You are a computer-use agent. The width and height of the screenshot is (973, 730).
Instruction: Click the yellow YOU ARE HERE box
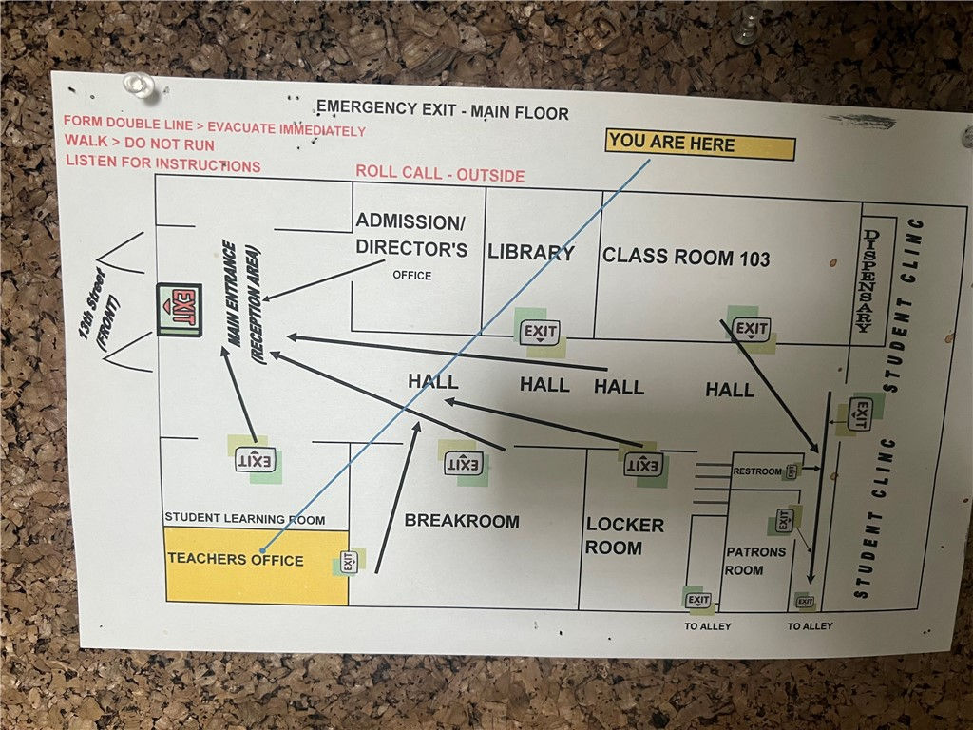(700, 145)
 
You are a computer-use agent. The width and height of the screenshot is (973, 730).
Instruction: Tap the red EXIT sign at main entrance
(180, 309)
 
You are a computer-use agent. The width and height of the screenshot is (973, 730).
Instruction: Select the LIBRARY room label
(530, 253)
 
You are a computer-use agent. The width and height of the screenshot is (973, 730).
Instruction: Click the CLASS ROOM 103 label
(686, 257)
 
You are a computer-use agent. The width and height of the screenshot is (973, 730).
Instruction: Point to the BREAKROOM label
(462, 521)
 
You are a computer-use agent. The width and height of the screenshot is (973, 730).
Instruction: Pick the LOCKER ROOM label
(624, 536)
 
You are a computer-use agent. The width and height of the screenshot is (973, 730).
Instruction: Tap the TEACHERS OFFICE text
(236, 559)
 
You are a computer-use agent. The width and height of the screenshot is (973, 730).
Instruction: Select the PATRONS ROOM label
(755, 561)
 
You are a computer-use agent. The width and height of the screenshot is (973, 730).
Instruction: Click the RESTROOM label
(757, 471)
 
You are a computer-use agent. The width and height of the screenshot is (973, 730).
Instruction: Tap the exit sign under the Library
(540, 332)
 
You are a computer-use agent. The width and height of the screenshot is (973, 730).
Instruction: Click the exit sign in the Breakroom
(464, 464)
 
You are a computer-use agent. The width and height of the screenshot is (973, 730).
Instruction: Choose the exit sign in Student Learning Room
(256, 460)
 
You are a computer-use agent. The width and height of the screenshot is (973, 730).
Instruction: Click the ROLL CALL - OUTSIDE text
(440, 174)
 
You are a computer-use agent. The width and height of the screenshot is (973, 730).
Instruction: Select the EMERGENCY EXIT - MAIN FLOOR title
(443, 110)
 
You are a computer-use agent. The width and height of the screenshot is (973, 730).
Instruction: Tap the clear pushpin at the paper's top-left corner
(139, 85)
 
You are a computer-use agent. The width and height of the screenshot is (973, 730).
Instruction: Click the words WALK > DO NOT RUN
(140, 144)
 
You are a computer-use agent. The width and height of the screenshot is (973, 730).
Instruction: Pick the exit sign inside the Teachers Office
(349, 562)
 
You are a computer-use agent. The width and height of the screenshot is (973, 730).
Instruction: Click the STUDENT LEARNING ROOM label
(244, 519)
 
